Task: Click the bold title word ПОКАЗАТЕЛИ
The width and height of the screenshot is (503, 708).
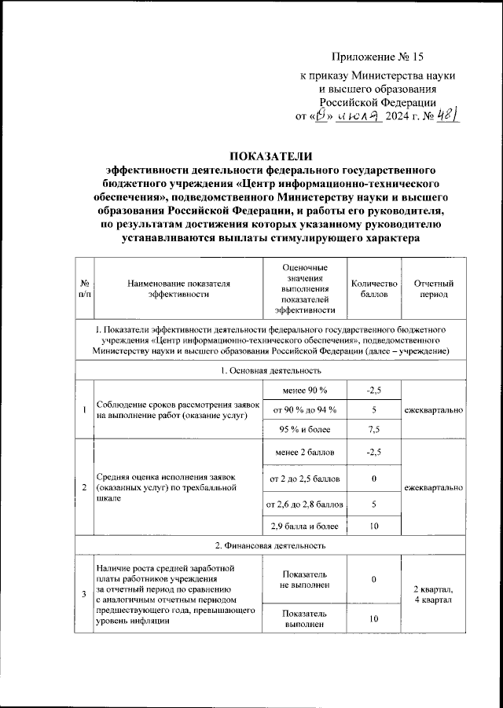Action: [x=270, y=154]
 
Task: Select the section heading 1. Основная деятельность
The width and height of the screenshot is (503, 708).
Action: [x=270, y=369]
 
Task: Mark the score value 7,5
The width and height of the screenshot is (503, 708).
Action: [x=374, y=429]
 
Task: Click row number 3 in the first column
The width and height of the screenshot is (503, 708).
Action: [x=84, y=595]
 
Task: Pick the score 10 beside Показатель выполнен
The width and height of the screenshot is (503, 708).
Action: [x=374, y=618]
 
